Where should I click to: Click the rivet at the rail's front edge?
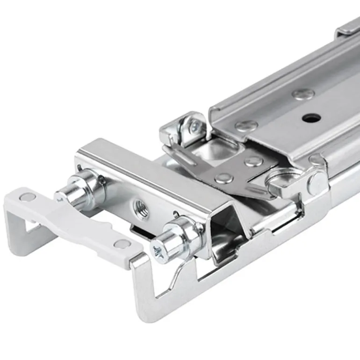[x=246, y=126]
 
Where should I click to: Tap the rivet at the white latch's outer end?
[x=28, y=197]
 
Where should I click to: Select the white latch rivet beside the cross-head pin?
[x=123, y=244]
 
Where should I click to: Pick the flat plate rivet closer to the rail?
[x=254, y=162]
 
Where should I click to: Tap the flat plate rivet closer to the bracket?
[x=224, y=178]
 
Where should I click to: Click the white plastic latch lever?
[x=79, y=220]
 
